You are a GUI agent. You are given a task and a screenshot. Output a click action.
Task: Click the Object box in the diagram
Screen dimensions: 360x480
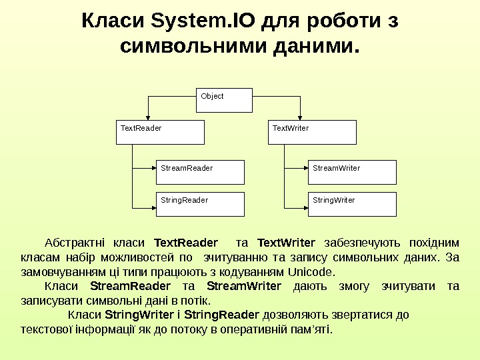tap(225, 100)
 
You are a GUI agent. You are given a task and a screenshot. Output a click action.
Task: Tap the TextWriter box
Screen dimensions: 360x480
tap(313, 132)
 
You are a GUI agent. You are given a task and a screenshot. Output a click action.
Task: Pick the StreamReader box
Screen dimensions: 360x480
tap(200, 172)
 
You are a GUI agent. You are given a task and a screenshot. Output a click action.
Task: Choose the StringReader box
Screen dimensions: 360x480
tap(200, 204)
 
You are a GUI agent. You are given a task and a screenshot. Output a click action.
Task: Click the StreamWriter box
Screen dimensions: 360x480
tap(353, 172)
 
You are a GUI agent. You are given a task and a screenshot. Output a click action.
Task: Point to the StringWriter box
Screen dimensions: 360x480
tap(353, 204)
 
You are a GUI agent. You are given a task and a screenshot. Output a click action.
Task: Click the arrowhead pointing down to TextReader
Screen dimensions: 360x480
tap(149, 116)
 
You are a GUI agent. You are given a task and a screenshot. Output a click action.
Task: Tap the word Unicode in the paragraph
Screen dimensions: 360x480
tap(311, 272)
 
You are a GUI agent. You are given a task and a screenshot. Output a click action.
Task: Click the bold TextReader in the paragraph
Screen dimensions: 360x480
tap(185, 242)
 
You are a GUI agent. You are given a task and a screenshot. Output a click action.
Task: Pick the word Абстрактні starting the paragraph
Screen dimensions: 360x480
tap(70, 242)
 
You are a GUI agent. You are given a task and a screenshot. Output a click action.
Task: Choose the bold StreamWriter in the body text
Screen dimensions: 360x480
tap(244, 287)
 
